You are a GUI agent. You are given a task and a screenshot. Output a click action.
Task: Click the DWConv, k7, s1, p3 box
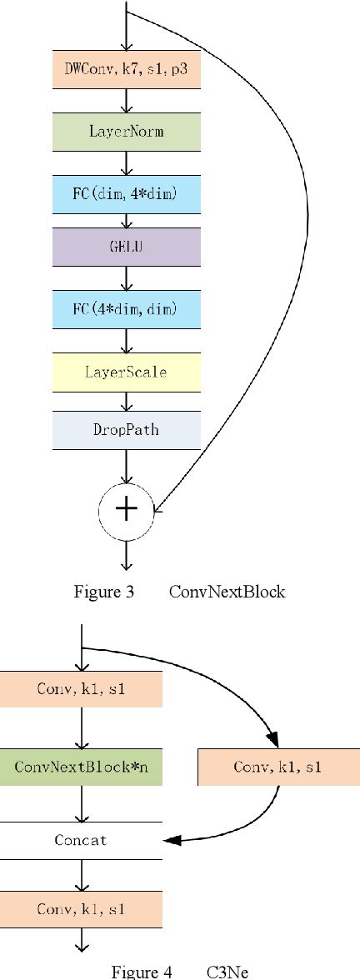coord(126,72)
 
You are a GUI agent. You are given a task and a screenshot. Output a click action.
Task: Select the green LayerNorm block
coord(126,132)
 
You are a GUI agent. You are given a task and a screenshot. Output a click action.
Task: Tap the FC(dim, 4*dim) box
coord(126,192)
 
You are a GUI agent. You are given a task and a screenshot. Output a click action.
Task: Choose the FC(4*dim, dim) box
coord(126,310)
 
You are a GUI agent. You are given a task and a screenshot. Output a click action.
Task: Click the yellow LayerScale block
coord(126,372)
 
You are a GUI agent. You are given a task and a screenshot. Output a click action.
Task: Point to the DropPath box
coord(126,430)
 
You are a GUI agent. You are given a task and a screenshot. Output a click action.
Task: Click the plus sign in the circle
coord(126,509)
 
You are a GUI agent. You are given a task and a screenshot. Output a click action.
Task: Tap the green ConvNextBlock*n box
coord(81,767)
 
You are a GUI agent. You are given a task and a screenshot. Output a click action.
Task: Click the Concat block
coord(81,840)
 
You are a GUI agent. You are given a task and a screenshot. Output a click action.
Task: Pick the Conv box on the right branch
coord(277,767)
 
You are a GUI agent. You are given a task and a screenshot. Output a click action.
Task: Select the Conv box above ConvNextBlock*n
coord(81,690)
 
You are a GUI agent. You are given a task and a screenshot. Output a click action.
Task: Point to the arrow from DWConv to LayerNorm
coord(126,102)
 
